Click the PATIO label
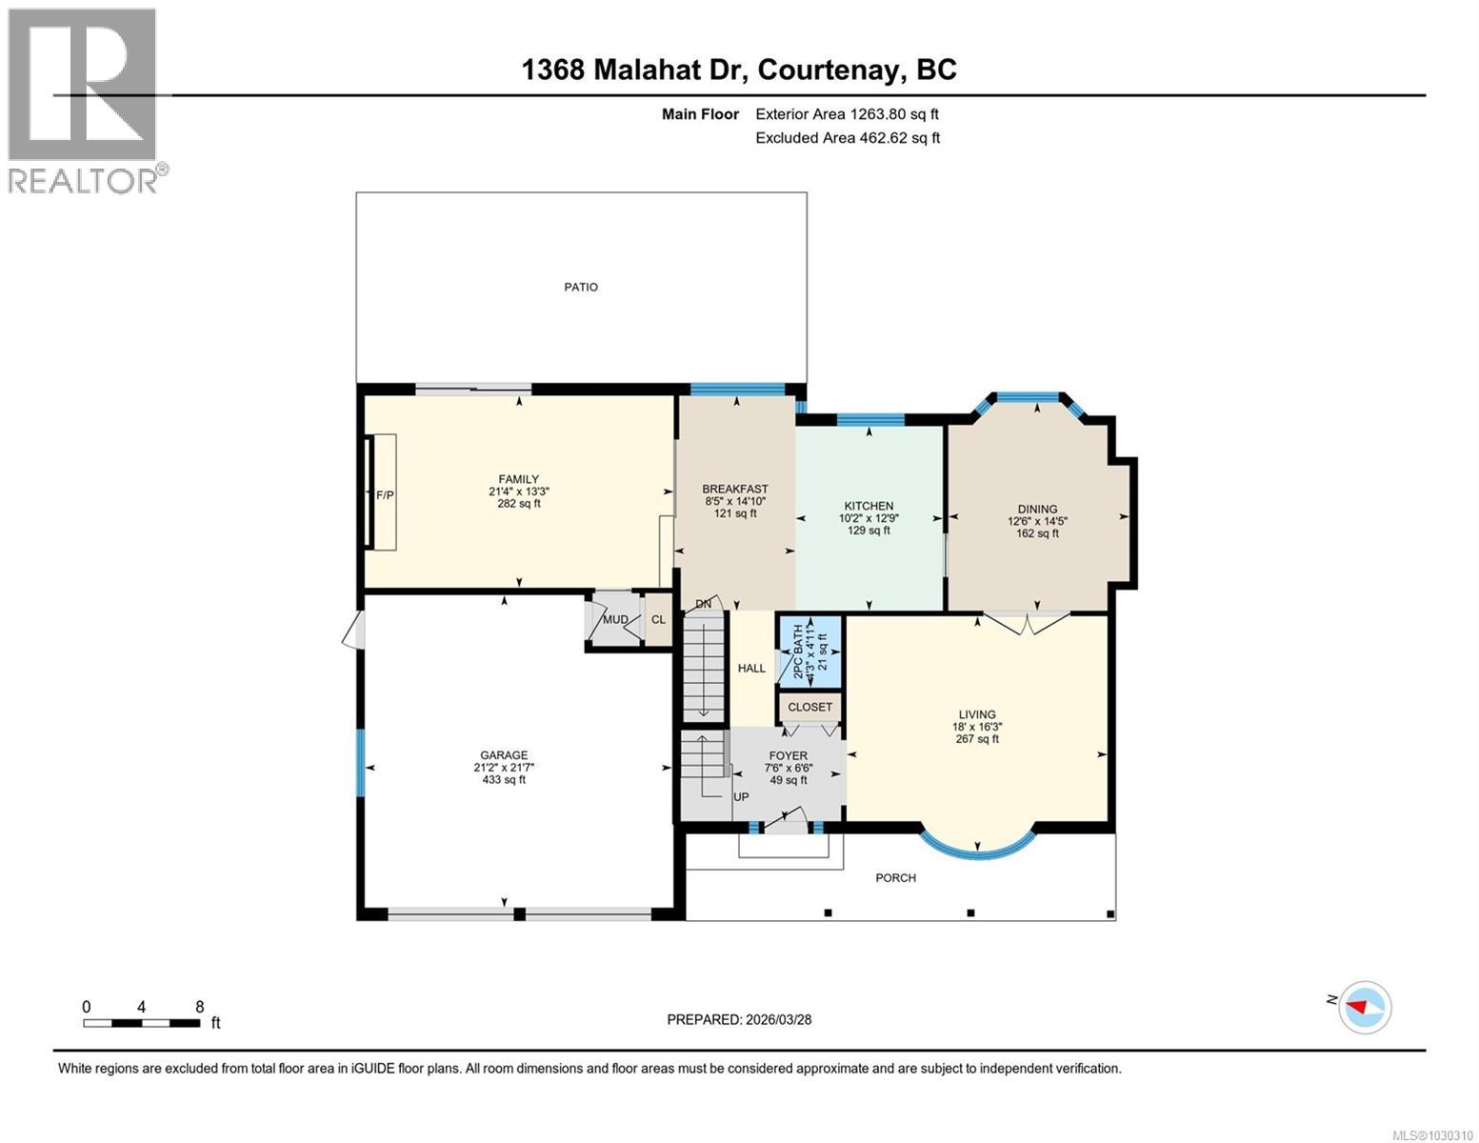[x=581, y=287]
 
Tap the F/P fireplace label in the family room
[x=385, y=495]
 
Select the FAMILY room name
[x=518, y=479]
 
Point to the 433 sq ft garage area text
[x=504, y=780]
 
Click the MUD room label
[x=615, y=620]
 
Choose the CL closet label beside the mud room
[x=658, y=620]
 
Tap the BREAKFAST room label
[x=735, y=489]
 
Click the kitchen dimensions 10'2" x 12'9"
[x=869, y=518]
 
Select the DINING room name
[x=1037, y=509]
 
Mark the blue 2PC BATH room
[x=810, y=652]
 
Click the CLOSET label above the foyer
[x=810, y=707]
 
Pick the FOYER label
[x=788, y=755]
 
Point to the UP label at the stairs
[x=741, y=796]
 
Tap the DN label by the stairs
[x=704, y=604]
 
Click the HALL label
[x=751, y=668]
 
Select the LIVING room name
[x=977, y=713]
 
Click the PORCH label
[x=895, y=877]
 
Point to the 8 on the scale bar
[x=199, y=1007]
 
